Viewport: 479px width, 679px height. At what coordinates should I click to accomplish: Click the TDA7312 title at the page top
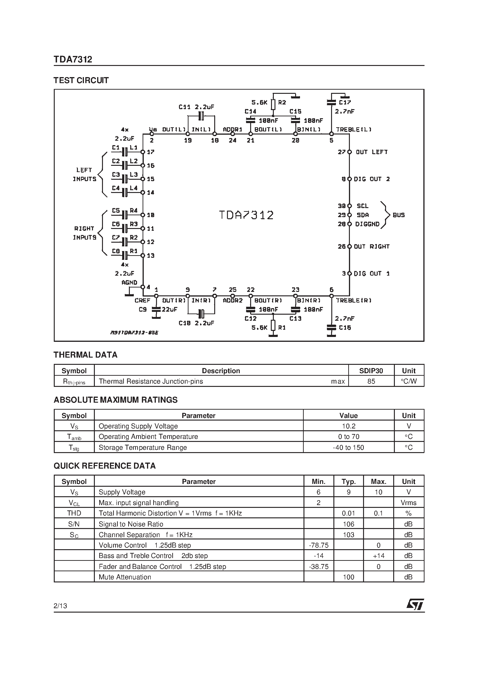(73, 59)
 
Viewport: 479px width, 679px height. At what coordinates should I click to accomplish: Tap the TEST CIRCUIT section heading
(81, 80)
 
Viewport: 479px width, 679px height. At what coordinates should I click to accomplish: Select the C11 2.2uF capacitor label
(196, 107)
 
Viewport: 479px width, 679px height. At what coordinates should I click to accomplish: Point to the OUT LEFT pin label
(371, 152)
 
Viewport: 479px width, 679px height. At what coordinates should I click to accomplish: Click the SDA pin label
(363, 215)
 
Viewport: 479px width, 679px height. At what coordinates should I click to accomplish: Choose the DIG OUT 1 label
(371, 274)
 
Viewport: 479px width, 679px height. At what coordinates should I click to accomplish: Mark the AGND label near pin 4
(129, 282)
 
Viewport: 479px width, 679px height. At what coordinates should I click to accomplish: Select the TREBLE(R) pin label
(354, 300)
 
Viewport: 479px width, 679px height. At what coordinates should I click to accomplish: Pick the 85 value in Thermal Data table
(371, 381)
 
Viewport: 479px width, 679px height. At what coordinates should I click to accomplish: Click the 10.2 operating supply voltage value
(348, 426)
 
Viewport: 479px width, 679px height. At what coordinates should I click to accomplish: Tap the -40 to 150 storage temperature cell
(348, 447)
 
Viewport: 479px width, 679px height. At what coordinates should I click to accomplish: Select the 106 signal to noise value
(348, 524)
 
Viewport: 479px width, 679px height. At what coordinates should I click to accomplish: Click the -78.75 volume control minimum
(319, 545)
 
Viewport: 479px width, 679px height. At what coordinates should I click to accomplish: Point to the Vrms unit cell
(409, 503)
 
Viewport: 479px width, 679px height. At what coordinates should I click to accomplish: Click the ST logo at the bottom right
(415, 604)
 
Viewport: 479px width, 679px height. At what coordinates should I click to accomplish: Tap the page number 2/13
(60, 606)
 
